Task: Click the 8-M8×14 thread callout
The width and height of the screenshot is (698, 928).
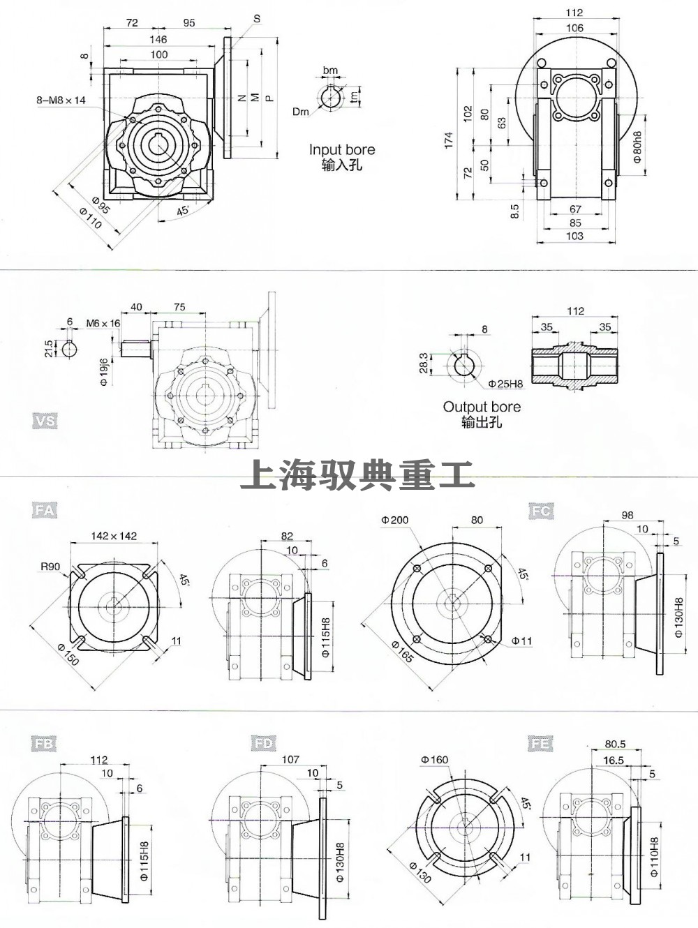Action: click(61, 100)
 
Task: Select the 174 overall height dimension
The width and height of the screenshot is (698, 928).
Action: click(449, 140)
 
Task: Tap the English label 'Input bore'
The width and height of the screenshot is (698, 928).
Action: click(342, 149)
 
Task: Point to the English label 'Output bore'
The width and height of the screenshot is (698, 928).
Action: click(482, 407)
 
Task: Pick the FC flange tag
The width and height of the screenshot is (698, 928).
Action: click(541, 511)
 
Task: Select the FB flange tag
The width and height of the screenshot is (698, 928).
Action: click(43, 744)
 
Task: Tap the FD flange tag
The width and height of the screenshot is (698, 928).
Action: click(263, 744)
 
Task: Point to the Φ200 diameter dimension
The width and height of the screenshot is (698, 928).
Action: click(395, 520)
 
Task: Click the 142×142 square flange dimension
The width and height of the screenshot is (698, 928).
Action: click(114, 536)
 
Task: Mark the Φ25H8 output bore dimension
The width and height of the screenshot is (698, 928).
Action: click(505, 383)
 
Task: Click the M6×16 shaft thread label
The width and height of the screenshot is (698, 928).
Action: click(103, 323)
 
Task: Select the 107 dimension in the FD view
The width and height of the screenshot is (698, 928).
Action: click(290, 758)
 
